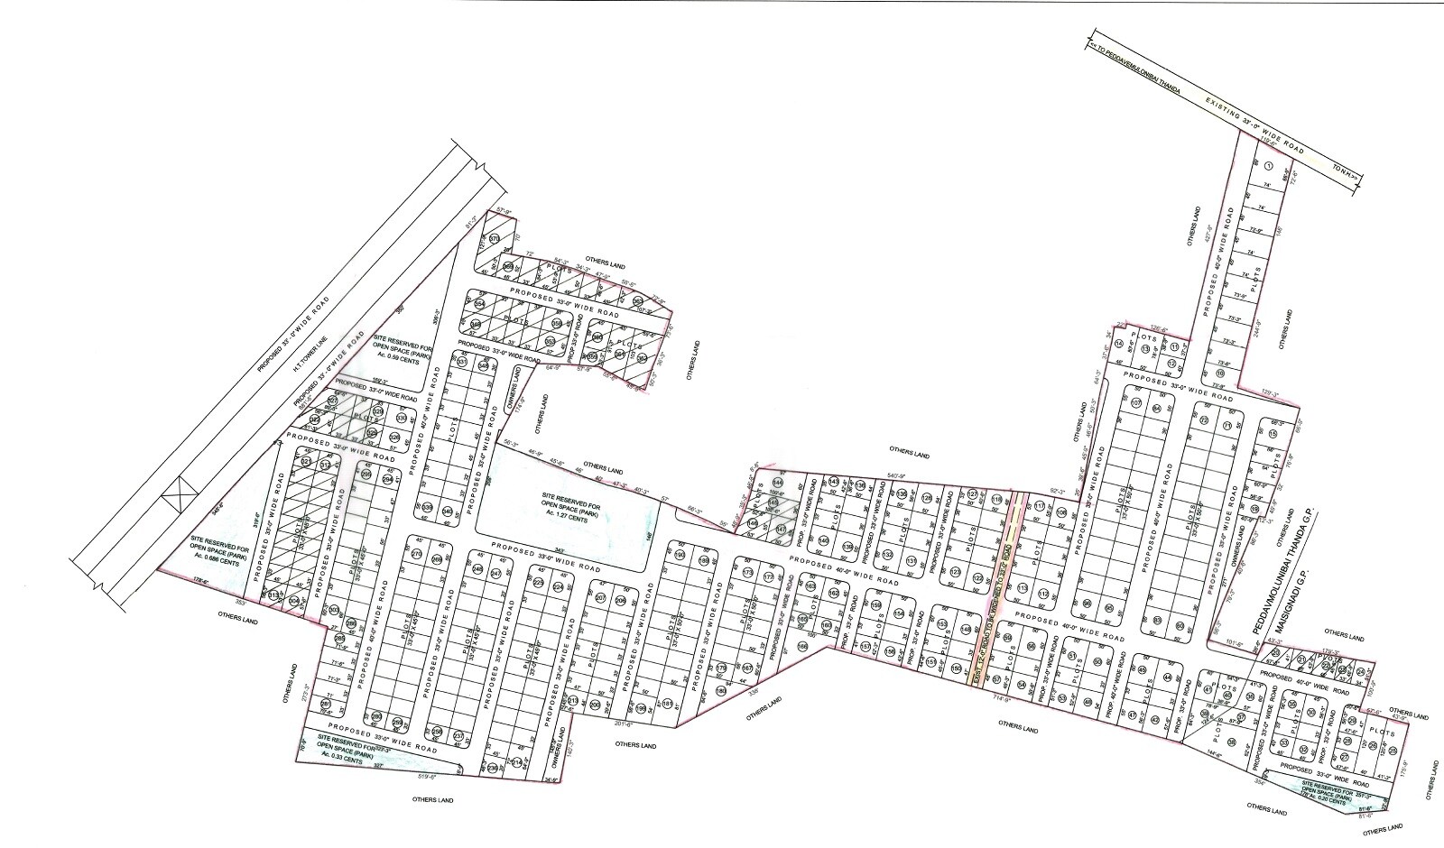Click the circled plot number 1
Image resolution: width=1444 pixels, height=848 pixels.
pos(1268,166)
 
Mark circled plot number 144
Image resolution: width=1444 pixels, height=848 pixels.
pos(777,483)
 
